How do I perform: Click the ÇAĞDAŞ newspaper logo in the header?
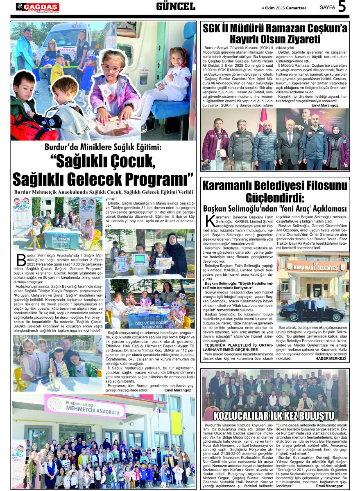38,7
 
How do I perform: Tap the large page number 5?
342,7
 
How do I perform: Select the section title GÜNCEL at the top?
176,7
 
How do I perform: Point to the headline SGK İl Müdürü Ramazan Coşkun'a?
275,28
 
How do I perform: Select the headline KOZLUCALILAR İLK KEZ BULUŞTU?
274,416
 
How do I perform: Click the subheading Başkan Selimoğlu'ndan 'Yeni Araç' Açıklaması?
275,208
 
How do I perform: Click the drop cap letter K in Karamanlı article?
209,221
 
